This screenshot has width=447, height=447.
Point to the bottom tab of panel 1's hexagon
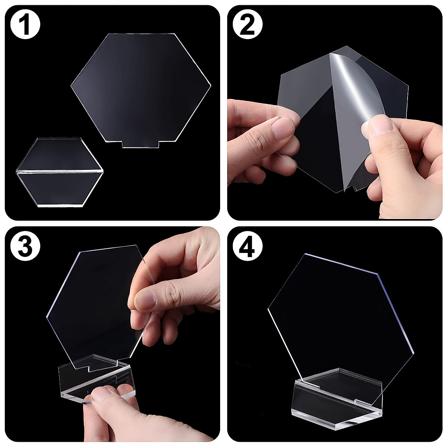point(141,144)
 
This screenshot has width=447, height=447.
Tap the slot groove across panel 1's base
point(60,172)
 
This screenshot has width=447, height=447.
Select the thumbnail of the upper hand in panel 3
point(143,298)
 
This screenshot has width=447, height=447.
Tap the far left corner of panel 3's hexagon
point(47,317)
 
